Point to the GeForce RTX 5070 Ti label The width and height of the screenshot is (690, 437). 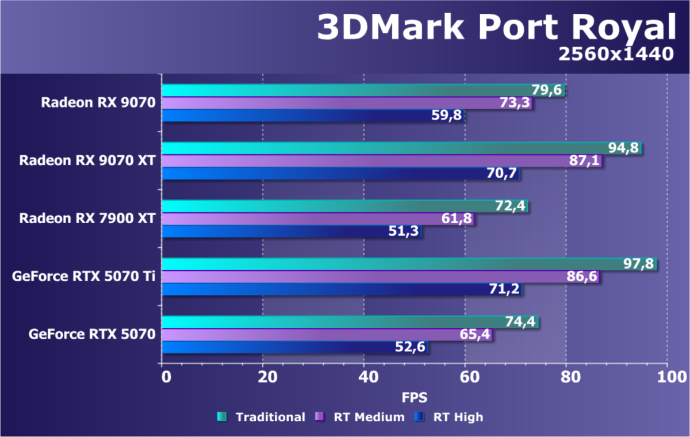(84, 276)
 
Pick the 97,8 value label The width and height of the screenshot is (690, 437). (639, 263)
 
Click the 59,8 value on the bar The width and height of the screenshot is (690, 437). (446, 116)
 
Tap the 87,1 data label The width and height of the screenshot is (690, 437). (584, 161)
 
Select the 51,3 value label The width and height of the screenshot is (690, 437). (405, 232)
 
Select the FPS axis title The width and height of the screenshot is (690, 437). (414, 397)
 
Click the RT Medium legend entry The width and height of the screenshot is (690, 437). (361, 417)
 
